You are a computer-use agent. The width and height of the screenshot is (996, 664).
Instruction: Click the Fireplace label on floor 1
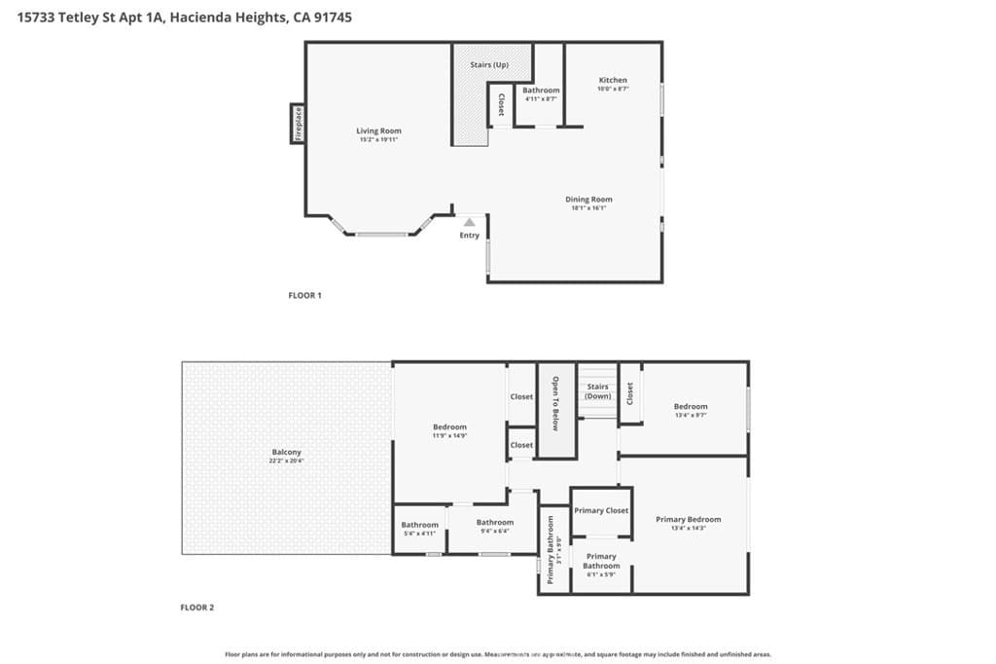[299, 124]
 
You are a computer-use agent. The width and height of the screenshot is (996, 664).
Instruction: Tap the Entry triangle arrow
[470, 222]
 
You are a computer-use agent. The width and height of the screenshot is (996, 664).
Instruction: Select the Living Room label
[378, 130]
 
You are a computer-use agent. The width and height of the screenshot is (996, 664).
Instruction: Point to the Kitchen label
[613, 80]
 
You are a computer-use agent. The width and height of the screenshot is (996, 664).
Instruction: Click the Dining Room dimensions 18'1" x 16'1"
[589, 207]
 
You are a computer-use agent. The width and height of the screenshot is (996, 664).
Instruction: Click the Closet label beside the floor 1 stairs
[501, 104]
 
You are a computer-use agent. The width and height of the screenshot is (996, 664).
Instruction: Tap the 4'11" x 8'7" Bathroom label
[541, 91]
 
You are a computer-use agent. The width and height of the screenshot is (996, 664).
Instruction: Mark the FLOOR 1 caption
[304, 295]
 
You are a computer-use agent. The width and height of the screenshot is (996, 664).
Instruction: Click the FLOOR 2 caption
[196, 608]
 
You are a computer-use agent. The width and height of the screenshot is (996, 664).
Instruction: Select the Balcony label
[287, 452]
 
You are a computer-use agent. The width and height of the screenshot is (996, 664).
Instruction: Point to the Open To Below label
[556, 403]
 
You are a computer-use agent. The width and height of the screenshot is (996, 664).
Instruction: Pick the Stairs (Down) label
[597, 391]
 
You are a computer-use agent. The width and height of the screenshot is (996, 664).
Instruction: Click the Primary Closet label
[601, 510]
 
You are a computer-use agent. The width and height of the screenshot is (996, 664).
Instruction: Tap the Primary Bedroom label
[690, 519]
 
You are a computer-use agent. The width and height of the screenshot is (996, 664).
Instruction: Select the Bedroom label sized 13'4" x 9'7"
[691, 406]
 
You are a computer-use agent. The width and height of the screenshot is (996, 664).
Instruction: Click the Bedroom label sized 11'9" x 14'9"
[450, 426]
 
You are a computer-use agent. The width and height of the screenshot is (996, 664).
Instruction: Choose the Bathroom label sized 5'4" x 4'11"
[420, 525]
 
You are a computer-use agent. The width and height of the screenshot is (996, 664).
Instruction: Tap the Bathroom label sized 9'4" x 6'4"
[495, 522]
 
